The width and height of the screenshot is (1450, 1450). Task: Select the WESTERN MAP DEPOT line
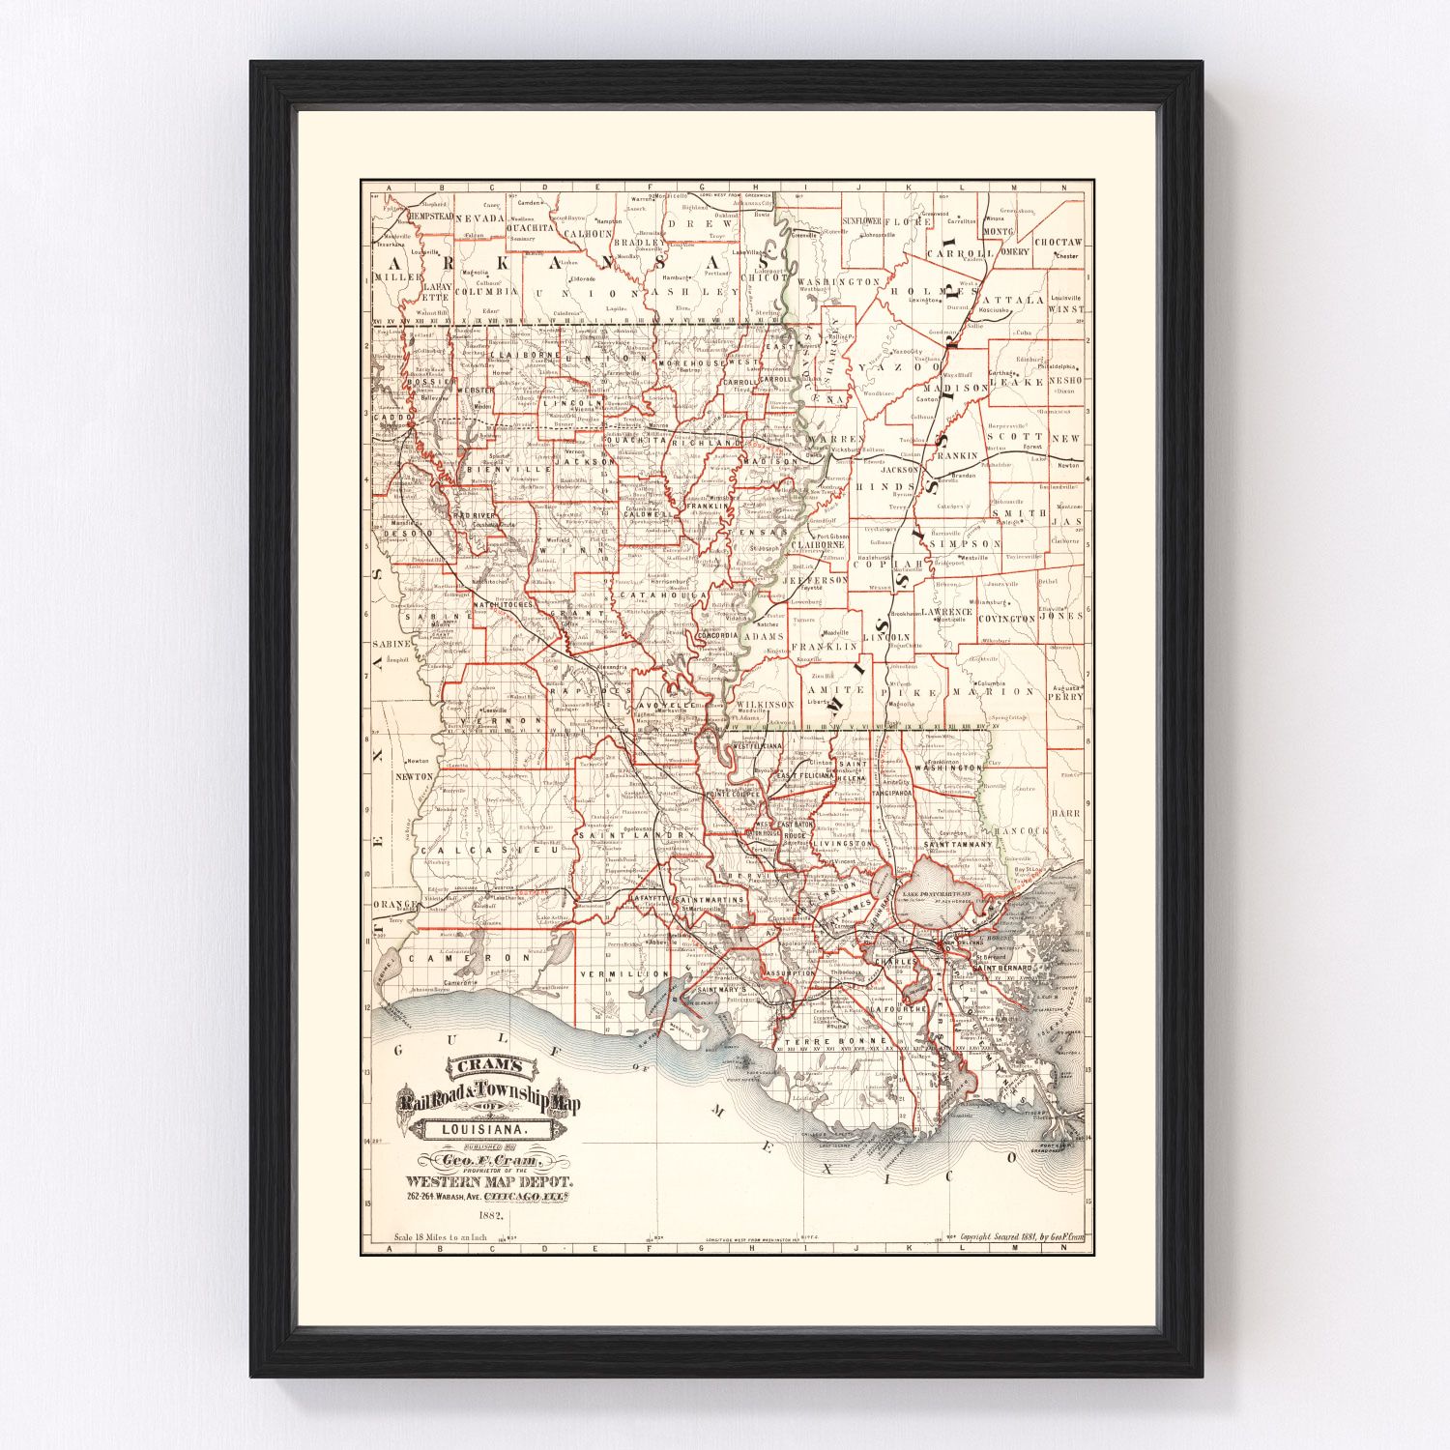(490, 1180)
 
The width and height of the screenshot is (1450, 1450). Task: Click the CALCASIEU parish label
(473, 850)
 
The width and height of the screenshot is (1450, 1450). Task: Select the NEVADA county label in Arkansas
(480, 219)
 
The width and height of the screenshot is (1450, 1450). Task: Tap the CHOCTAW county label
(1058, 243)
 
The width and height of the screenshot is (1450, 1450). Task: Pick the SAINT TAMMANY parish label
(958, 845)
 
